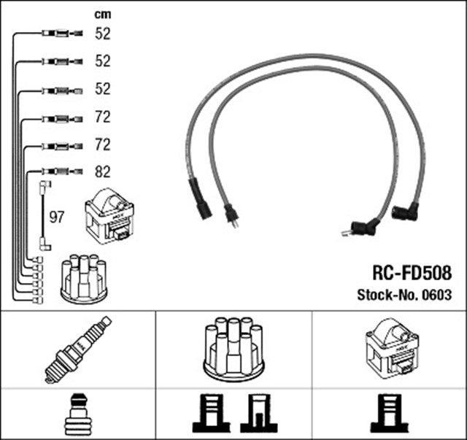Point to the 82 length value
[103, 172]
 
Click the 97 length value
[57, 217]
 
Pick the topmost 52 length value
[103, 33]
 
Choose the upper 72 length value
[103, 117]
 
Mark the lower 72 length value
[103, 144]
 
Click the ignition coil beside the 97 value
[110, 215]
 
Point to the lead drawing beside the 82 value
[63, 173]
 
